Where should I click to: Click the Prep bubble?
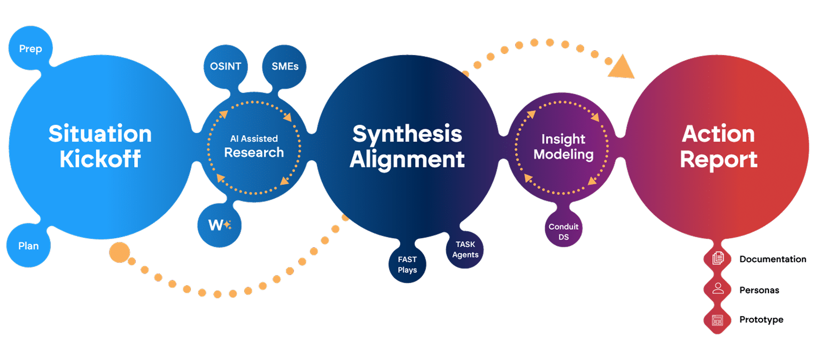(x=30, y=49)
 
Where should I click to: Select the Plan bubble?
(x=29, y=246)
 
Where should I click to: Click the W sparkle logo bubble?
(x=219, y=225)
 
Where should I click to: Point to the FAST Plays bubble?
(x=407, y=264)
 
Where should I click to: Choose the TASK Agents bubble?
(x=465, y=249)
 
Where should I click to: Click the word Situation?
(x=100, y=134)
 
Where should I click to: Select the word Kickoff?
(x=100, y=159)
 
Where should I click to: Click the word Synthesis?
(x=407, y=134)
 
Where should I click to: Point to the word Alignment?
(x=407, y=159)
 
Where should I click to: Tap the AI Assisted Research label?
(x=254, y=146)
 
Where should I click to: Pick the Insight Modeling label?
(x=563, y=147)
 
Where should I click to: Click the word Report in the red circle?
(x=718, y=159)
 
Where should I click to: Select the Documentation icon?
(x=718, y=259)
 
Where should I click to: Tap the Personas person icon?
(x=718, y=289)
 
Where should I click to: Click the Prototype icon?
(x=717, y=319)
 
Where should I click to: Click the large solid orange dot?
(x=119, y=252)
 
